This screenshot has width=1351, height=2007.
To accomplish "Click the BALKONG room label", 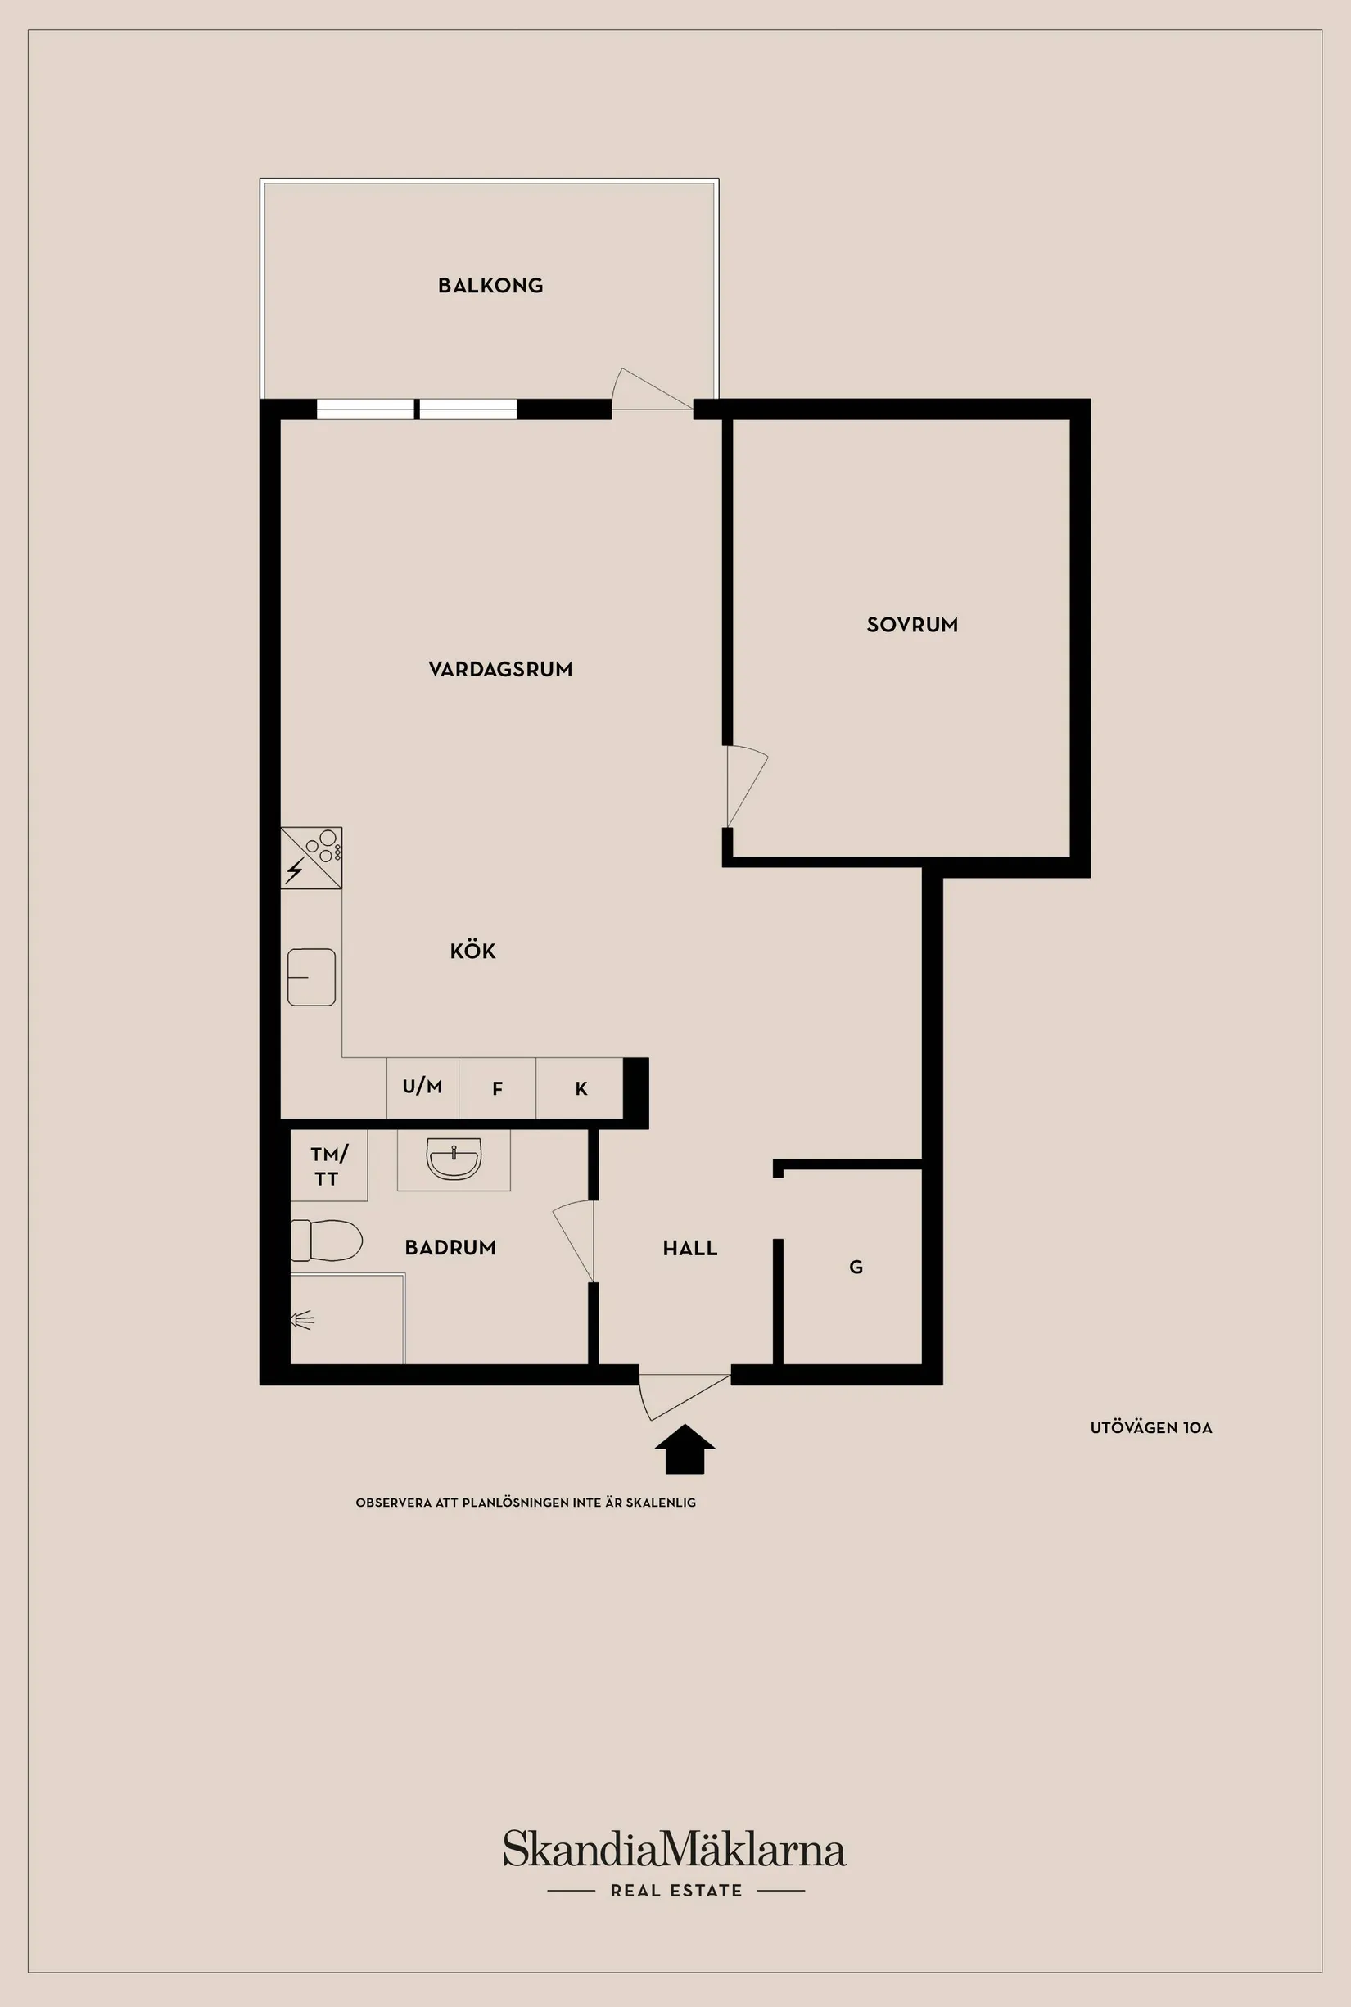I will [x=490, y=285].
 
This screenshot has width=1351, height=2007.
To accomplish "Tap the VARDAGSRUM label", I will [x=500, y=670].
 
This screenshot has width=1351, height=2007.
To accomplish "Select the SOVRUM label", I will [x=911, y=625].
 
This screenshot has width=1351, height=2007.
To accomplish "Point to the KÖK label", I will [x=473, y=952].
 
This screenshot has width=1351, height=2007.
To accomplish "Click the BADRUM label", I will [x=450, y=1248].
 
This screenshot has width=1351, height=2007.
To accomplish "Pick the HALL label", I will [x=690, y=1249].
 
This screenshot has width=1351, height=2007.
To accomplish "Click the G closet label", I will [x=856, y=1267].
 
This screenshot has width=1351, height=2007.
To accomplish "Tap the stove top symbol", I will [x=312, y=857].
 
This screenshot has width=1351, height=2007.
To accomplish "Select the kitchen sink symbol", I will [x=311, y=977].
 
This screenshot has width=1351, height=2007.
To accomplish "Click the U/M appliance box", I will [x=422, y=1087].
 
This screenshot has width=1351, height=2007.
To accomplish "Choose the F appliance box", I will [x=497, y=1088].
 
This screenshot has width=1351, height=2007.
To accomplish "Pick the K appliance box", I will [x=580, y=1088].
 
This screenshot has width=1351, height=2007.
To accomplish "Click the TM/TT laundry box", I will [x=328, y=1165].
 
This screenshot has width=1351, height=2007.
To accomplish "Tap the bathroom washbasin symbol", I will [x=454, y=1157].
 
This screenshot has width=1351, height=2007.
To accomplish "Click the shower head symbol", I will [x=301, y=1319].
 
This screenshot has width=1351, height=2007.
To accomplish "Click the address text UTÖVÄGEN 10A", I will [x=1151, y=1428].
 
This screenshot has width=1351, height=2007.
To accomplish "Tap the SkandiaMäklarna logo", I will [x=675, y=1848].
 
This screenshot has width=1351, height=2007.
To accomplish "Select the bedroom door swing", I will [x=746, y=786].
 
